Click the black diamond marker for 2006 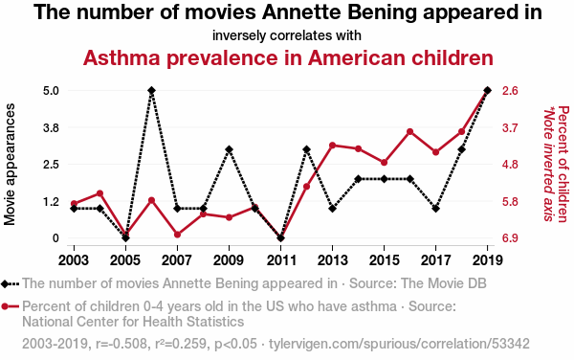tap(151, 90)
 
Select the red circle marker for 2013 tap(332, 146)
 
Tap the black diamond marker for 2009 tap(230, 149)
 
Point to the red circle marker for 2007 tap(178, 235)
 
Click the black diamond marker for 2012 tap(307, 149)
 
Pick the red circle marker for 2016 tap(410, 132)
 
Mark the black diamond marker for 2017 tap(435, 209)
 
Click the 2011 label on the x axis tap(280, 260)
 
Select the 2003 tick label tap(74, 260)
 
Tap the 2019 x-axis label tap(487, 260)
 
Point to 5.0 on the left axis tap(52, 90)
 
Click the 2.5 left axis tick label tap(52, 165)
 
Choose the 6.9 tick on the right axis tap(510, 238)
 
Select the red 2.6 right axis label tap(510, 90)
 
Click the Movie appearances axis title tap(10, 165)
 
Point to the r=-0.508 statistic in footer tap(119, 344)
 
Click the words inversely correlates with tap(287, 35)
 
